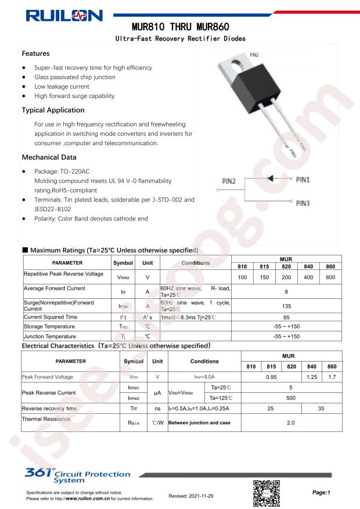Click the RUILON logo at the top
point(62,15)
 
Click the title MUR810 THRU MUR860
point(179,27)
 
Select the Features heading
point(35,53)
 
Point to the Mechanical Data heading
point(49,157)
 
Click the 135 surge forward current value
point(286,309)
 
